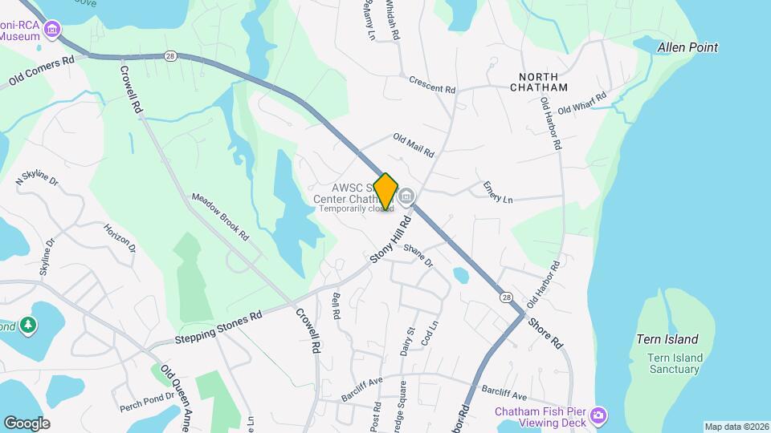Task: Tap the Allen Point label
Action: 687,48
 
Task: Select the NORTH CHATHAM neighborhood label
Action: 538,87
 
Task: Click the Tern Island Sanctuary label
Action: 675,363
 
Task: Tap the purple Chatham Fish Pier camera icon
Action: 598,415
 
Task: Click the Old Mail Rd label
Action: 414,145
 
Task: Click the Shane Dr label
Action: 418,256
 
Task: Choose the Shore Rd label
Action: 546,333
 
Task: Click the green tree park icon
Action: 29,325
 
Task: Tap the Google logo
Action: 27,423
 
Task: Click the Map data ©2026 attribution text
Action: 736,427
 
